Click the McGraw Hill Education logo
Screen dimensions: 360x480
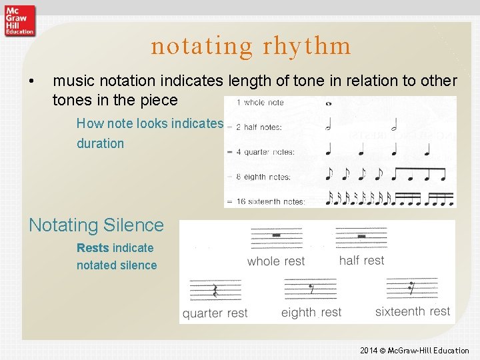click(19, 20)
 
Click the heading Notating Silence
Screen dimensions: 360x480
click(96, 225)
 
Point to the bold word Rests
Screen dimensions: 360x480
click(93, 248)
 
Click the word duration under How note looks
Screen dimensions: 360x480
click(100, 143)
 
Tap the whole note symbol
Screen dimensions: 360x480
click(329, 103)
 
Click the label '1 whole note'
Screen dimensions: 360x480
click(260, 103)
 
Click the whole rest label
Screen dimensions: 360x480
click(275, 261)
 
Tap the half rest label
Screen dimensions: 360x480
click(361, 260)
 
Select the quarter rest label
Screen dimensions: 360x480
click(215, 313)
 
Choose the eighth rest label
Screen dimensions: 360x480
click(311, 312)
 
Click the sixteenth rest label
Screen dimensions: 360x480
click(412, 311)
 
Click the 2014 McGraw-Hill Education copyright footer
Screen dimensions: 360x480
click(414, 350)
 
